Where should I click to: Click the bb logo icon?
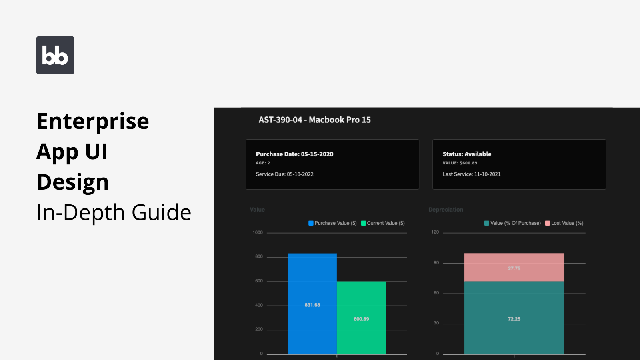[55, 55]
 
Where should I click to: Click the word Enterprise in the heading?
[93, 122]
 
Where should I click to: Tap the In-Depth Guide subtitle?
[114, 212]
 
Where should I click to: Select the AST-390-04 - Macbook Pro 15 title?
[314, 120]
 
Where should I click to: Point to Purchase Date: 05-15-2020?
[294, 154]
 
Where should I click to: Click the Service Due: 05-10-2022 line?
[284, 174]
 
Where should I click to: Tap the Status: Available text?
[467, 154]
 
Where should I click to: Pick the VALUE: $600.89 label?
[460, 163]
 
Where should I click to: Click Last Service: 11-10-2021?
[472, 174]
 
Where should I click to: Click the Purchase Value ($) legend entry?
[332, 223]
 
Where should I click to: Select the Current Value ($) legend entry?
[383, 223]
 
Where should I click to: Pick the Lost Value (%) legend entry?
[564, 223]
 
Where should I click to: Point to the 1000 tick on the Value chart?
[258, 232]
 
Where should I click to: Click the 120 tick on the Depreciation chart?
[435, 232]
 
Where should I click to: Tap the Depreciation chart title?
[446, 210]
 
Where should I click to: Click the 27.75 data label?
[514, 269]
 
